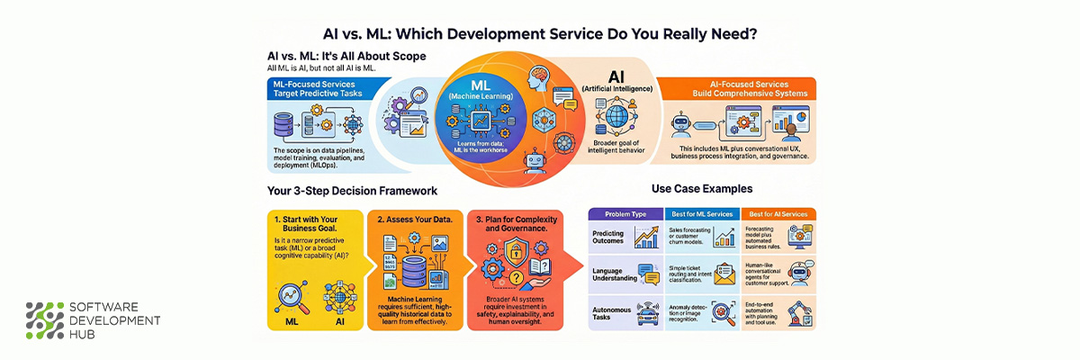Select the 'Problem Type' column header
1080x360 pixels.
(626, 214)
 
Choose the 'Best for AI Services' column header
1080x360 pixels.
(778, 214)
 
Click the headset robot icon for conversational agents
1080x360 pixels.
(800, 270)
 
